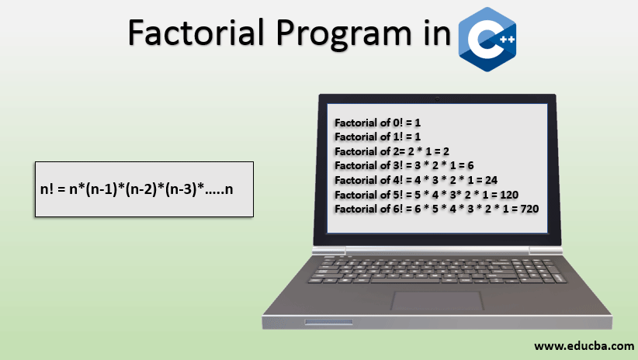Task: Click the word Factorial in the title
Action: [x=196, y=33]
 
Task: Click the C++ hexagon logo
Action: [x=487, y=40]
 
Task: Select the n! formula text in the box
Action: [x=137, y=189]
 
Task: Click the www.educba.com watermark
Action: [x=584, y=346]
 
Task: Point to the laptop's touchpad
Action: [x=438, y=301]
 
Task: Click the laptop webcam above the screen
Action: [x=438, y=99]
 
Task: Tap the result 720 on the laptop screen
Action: [x=530, y=209]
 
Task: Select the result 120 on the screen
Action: [x=509, y=195]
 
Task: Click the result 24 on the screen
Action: [x=491, y=180]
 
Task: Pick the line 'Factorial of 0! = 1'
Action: [x=377, y=123]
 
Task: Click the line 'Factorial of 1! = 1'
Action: [x=377, y=137]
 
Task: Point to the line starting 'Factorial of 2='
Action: [x=392, y=151]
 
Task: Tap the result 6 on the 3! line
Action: [x=470, y=165]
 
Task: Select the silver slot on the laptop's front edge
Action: [x=329, y=322]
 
